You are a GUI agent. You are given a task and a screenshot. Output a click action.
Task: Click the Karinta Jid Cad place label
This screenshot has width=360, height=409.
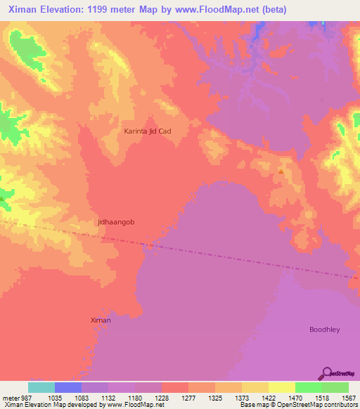148,131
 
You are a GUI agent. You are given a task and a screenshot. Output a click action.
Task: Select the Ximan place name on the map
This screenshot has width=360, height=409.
101,320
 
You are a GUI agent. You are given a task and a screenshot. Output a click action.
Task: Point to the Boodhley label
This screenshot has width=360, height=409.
325,329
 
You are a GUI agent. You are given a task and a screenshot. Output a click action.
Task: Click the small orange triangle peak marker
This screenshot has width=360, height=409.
281,171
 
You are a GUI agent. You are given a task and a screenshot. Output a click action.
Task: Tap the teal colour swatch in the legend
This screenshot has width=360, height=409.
41,387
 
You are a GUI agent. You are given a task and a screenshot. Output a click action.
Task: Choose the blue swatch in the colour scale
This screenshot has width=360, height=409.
68,387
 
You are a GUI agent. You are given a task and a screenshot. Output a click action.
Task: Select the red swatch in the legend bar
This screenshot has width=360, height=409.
175,387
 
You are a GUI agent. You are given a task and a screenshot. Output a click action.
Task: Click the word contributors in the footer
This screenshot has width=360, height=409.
340,405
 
